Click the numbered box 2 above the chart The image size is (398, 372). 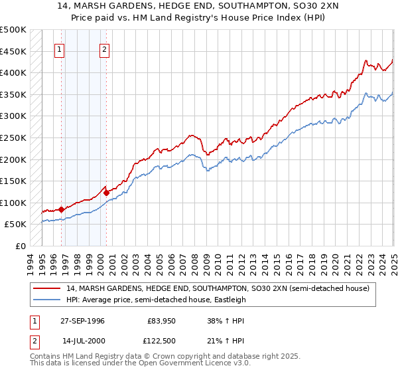[105, 48]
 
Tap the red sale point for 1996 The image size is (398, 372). [61, 209]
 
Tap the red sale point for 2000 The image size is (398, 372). [106, 193]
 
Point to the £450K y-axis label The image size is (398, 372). [13, 51]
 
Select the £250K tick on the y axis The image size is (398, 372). [13, 138]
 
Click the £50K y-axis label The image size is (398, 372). [16, 225]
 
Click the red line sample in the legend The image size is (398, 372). [47, 288]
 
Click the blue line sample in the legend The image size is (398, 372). [47, 300]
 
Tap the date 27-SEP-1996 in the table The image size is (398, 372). [82, 321]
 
